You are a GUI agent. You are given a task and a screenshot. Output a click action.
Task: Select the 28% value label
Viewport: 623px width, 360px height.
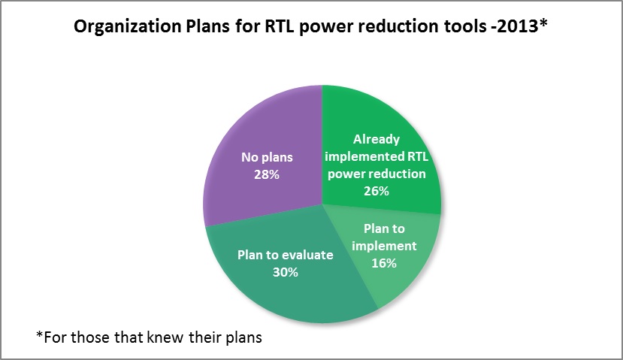pos(267,174)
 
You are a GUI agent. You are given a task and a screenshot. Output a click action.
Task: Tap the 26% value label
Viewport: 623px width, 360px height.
pos(377,191)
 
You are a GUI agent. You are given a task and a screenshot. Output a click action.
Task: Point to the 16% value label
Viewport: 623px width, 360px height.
pos(384,263)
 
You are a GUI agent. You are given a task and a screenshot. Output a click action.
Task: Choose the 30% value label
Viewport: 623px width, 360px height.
pos(286,272)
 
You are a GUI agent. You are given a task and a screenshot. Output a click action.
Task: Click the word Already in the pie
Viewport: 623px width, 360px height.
pos(377,139)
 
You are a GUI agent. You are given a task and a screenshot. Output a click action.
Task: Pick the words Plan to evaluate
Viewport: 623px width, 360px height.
pos(286,255)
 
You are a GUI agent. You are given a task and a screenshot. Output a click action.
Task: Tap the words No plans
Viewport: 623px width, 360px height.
pos(267,157)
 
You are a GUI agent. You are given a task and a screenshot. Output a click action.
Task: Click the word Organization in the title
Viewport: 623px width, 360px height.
pos(128,26)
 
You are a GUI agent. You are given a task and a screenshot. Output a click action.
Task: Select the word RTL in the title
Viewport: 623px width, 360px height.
pos(280,26)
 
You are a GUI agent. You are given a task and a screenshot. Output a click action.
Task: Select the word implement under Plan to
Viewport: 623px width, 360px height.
pos(384,247)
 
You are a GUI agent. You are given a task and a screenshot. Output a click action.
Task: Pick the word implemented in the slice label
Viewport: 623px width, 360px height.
pos(364,156)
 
